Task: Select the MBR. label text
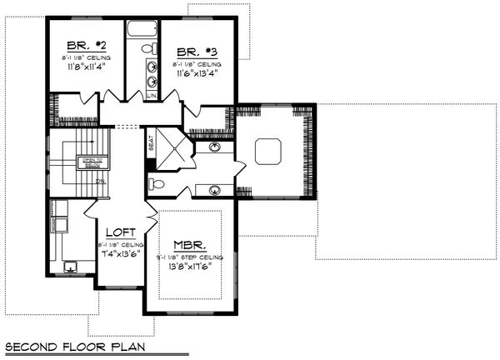click(189, 245)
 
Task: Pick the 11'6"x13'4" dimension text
click(197, 73)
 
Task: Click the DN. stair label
click(101, 181)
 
